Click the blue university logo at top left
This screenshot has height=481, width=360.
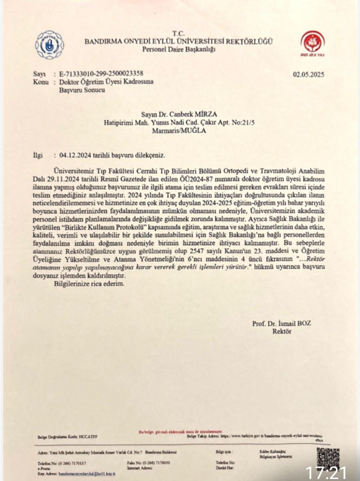pos(49,45)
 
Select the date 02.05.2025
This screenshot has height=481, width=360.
pos(308,75)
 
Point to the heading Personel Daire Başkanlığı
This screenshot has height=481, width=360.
pos(179,49)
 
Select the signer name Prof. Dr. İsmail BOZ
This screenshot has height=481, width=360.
pos(281,323)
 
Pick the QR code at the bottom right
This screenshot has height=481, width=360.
pos(328,457)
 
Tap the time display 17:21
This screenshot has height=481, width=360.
pos(326,472)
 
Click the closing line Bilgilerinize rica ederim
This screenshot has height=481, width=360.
pos(88,283)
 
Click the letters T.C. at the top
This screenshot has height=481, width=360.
pos(179,33)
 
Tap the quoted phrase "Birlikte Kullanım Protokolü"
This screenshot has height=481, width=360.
pos(95,226)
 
